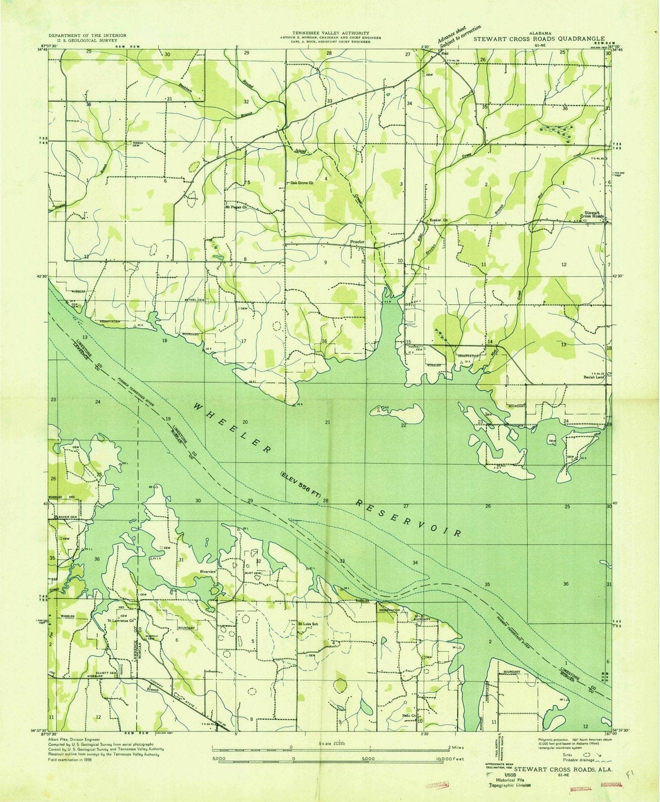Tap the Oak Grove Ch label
[302, 183]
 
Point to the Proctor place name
[357, 242]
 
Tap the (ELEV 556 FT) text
[300, 484]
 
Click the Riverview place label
[207, 571]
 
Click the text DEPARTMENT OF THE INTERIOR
[87, 36]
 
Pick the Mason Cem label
[137, 144]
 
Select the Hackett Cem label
[416, 348]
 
